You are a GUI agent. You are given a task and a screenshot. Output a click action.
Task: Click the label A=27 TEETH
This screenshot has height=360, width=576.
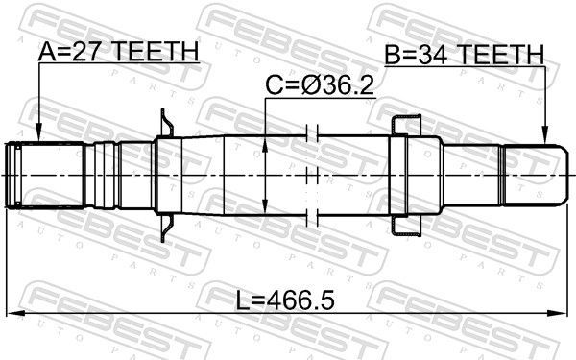(118, 51)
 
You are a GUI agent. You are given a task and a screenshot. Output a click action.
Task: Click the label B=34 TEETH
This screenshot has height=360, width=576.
(464, 55)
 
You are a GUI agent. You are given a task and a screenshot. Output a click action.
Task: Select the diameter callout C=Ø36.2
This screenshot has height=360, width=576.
(320, 86)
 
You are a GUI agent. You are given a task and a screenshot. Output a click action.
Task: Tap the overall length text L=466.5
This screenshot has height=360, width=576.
(285, 300)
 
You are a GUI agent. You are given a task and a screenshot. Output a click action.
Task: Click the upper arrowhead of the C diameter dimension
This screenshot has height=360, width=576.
(265, 145)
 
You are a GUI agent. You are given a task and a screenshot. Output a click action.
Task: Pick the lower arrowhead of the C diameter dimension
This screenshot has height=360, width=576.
(265, 205)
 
